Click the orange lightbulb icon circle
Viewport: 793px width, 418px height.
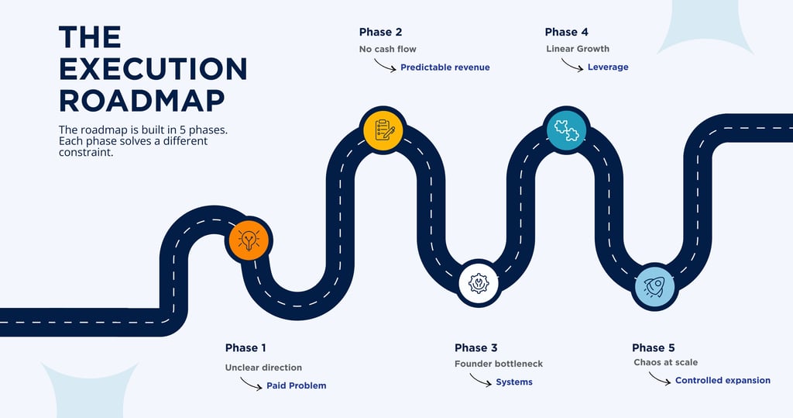click(248, 240)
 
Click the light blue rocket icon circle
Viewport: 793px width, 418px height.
click(655, 286)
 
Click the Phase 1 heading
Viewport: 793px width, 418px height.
click(246, 347)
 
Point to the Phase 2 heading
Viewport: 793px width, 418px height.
click(380, 32)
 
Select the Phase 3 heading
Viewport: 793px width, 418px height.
click(481, 347)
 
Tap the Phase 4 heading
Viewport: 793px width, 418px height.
click(566, 32)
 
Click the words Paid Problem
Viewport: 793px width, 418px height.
click(296, 385)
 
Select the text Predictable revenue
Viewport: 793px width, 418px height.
click(445, 67)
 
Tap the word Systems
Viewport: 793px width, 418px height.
click(514, 382)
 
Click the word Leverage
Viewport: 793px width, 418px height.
click(608, 67)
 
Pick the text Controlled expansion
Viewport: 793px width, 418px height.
click(723, 381)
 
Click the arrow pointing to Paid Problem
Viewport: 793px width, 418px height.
click(251, 383)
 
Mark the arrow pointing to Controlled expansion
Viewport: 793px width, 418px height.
click(659, 378)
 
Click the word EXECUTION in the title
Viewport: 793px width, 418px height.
click(153, 69)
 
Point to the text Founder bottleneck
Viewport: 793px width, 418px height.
click(499, 364)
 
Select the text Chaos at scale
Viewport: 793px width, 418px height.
click(665, 362)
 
